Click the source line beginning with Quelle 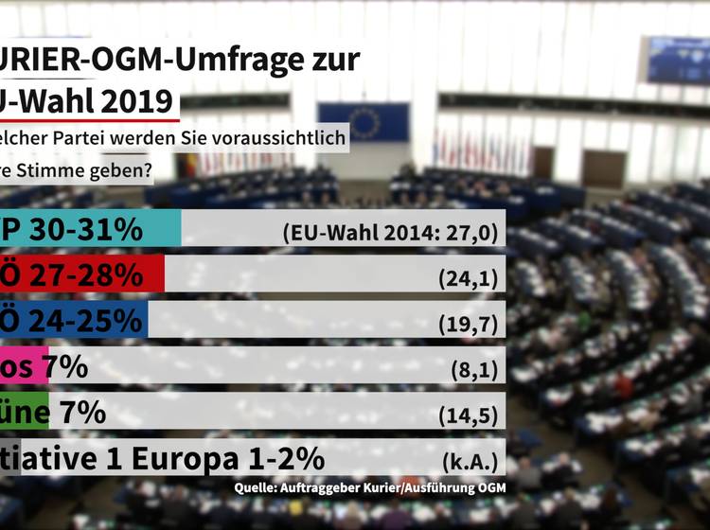tap(370, 487)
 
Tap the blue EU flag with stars tap(364, 122)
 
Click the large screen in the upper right tap(679, 60)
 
